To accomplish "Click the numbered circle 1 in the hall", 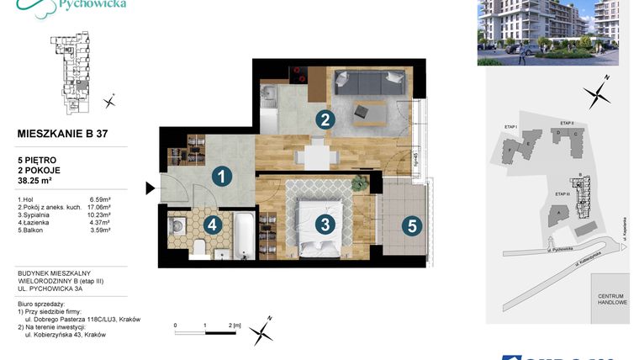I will click(220, 177).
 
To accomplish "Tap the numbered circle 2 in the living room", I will click(323, 120).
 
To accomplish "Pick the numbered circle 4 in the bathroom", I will click(213, 225).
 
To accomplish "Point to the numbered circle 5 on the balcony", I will click(410, 225).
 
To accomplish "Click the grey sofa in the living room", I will click(368, 82).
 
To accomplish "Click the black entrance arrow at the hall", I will click(150, 188).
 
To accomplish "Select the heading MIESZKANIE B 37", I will click(62, 133).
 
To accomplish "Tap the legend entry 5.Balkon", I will click(32, 230).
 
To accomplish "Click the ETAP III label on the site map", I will click(564, 194).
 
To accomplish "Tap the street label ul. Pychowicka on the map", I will click(556, 250).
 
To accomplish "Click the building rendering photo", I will click(547, 32).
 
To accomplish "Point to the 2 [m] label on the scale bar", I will click(235, 324).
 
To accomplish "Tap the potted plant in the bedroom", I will click(360, 183).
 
